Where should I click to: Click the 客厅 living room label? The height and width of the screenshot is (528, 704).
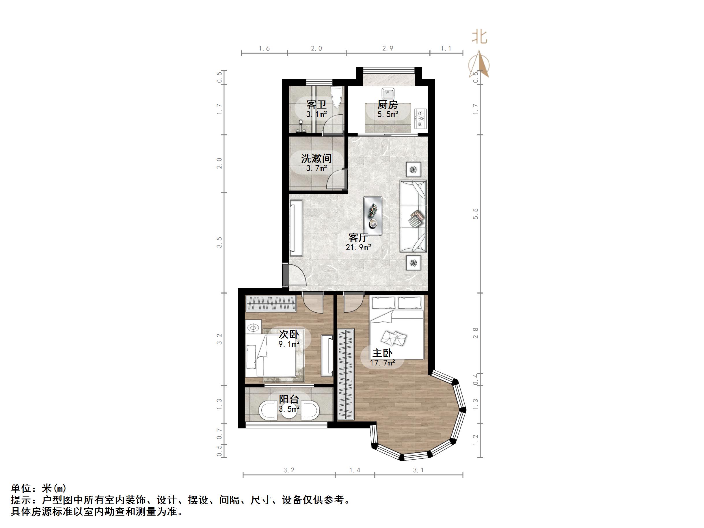pyautogui.click(x=358, y=237)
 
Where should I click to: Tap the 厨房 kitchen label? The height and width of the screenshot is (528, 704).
pyautogui.click(x=388, y=105)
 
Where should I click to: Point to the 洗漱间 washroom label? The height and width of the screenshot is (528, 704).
pyautogui.click(x=316, y=158)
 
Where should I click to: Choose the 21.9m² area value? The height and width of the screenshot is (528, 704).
pyautogui.click(x=358, y=247)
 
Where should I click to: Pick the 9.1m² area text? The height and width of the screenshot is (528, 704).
pyautogui.click(x=289, y=344)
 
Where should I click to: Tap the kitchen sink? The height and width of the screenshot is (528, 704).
pyautogui.click(x=388, y=94)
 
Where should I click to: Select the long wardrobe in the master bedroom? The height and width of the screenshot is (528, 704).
pyautogui.click(x=346, y=375)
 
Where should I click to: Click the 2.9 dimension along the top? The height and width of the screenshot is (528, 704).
pyautogui.click(x=388, y=48)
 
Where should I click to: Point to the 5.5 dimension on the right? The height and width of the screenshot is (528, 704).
pyautogui.click(x=476, y=214)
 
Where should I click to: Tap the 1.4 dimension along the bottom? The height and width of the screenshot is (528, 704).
pyautogui.click(x=355, y=470)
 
